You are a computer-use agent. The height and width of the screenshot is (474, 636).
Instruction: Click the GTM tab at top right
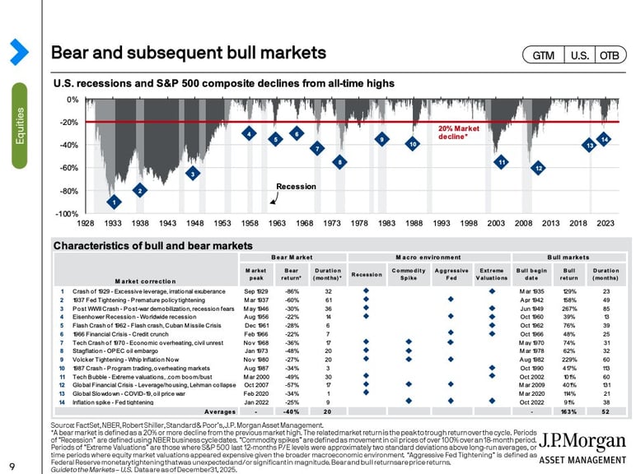[543, 55]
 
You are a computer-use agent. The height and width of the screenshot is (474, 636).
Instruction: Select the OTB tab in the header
[609, 55]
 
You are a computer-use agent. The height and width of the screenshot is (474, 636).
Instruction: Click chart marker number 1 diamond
[114, 202]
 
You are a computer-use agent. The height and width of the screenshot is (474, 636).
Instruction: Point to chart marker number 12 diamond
[537, 168]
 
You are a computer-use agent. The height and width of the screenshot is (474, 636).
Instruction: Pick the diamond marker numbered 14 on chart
[604, 140]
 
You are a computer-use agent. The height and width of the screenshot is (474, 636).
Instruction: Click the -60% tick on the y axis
[68, 168]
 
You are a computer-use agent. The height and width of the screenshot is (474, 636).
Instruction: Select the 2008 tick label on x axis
[524, 223]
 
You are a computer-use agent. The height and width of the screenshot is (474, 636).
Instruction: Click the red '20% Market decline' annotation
[457, 132]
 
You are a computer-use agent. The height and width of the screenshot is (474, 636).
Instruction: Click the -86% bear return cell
[291, 291]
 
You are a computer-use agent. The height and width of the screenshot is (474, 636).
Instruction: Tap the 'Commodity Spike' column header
[409, 274]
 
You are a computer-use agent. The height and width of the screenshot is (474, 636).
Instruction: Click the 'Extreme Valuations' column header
[492, 274]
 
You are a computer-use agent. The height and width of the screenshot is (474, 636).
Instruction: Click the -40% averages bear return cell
[291, 411]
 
